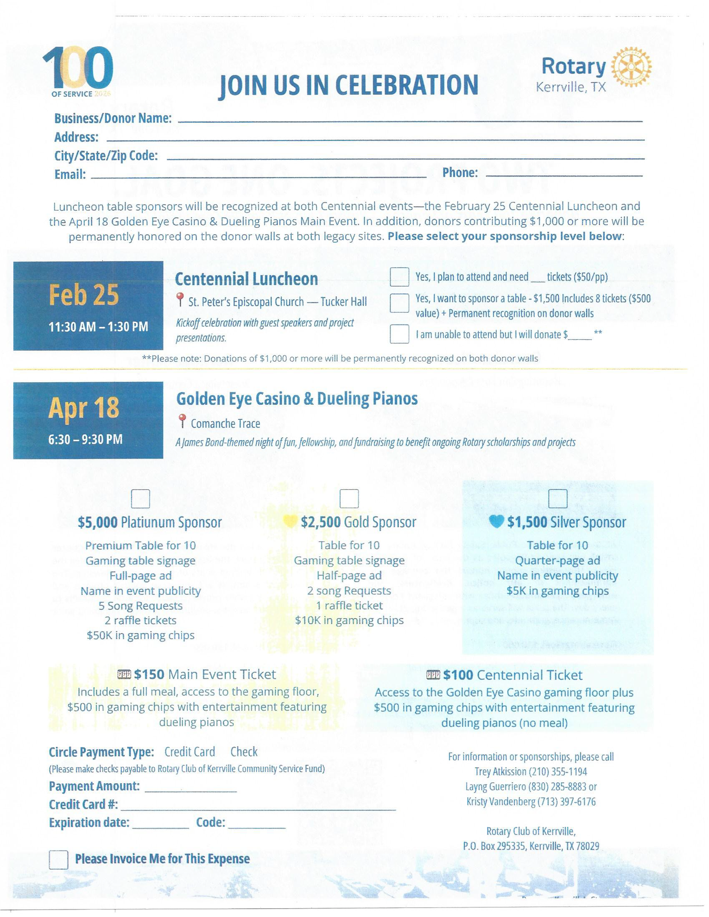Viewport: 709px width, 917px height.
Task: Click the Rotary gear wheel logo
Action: [631, 67]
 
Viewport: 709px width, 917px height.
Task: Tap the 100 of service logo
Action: [78, 70]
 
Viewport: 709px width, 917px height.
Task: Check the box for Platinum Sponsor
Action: [140, 499]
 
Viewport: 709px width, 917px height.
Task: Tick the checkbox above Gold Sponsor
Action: [349, 498]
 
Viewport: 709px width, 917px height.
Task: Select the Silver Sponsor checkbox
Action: [557, 498]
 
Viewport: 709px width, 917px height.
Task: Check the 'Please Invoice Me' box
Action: [58, 860]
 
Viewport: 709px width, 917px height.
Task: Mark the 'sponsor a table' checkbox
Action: [399, 303]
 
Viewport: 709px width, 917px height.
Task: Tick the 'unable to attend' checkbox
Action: [399, 334]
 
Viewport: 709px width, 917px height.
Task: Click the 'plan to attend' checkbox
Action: [399, 277]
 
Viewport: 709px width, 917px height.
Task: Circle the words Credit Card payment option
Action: [190, 752]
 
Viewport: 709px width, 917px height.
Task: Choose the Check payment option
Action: [244, 752]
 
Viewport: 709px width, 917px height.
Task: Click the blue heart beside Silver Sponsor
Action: [496, 522]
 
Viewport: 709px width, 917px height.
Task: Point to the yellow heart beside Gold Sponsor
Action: [290, 521]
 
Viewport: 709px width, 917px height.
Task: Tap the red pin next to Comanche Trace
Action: [182, 421]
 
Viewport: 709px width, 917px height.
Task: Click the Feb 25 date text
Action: [84, 295]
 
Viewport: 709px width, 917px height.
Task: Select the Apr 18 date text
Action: [84, 408]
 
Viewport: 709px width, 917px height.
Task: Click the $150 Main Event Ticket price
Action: [149, 674]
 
